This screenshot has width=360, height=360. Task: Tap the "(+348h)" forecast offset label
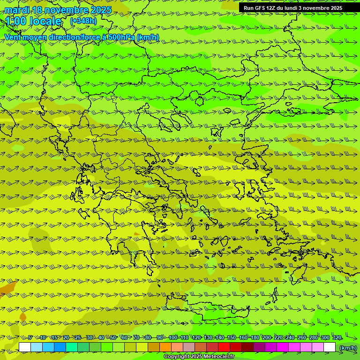83,21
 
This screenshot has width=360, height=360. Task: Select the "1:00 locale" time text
34,22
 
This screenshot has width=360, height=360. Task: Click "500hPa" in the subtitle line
121,37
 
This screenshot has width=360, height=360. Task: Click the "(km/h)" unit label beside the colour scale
347,347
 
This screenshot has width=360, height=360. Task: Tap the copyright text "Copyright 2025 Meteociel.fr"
199,357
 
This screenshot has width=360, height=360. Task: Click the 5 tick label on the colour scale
30,337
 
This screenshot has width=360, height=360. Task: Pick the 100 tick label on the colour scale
173,337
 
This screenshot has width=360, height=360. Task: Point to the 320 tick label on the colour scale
337,337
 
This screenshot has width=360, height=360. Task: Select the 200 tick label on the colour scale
266,337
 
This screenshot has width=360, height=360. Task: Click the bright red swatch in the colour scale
224,347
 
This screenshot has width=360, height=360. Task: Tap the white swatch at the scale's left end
25,347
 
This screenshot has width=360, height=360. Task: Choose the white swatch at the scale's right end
330,347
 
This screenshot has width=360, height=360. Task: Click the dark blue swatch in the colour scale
60,347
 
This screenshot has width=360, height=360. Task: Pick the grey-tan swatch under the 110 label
189,347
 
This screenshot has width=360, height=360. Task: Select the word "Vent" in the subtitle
13,37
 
